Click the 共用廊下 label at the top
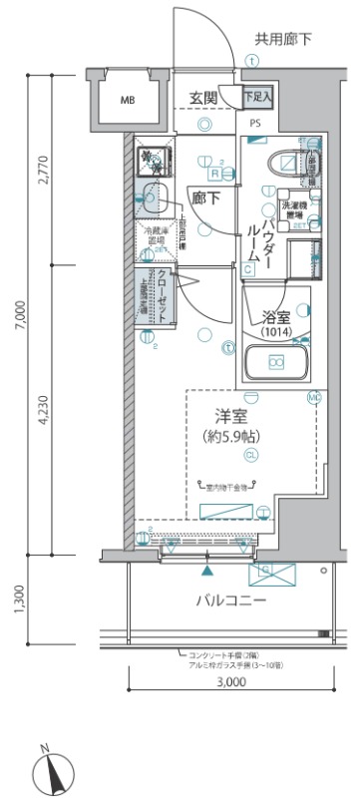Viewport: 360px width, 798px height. (283, 39)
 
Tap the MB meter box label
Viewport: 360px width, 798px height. (130, 101)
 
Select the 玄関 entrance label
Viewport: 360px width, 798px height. (205, 99)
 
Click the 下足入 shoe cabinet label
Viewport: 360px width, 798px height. (260, 98)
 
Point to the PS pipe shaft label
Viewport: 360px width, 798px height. (256, 123)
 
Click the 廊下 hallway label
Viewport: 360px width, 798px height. (206, 198)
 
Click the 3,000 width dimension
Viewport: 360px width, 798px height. (229, 683)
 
